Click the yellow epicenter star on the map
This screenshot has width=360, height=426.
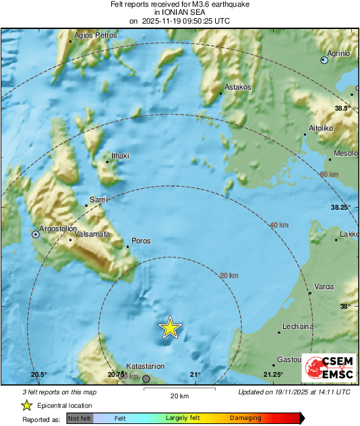click(x=171, y=328)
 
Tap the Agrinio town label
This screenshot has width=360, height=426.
click(x=338, y=53)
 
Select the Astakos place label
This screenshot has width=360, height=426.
click(x=238, y=87)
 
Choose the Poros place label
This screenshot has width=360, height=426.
click(x=142, y=241)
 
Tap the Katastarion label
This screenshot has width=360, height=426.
click(x=146, y=366)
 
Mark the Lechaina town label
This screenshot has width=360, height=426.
click(x=299, y=326)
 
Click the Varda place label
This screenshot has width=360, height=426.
click(x=324, y=287)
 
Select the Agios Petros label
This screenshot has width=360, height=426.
click(x=92, y=35)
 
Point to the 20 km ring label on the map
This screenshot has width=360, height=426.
click(x=229, y=275)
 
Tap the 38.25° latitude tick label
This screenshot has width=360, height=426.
click(x=340, y=208)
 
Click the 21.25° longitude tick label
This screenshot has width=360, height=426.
click(x=273, y=375)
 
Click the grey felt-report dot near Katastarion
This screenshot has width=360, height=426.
click(x=146, y=379)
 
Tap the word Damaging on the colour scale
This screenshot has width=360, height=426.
click(x=245, y=418)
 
